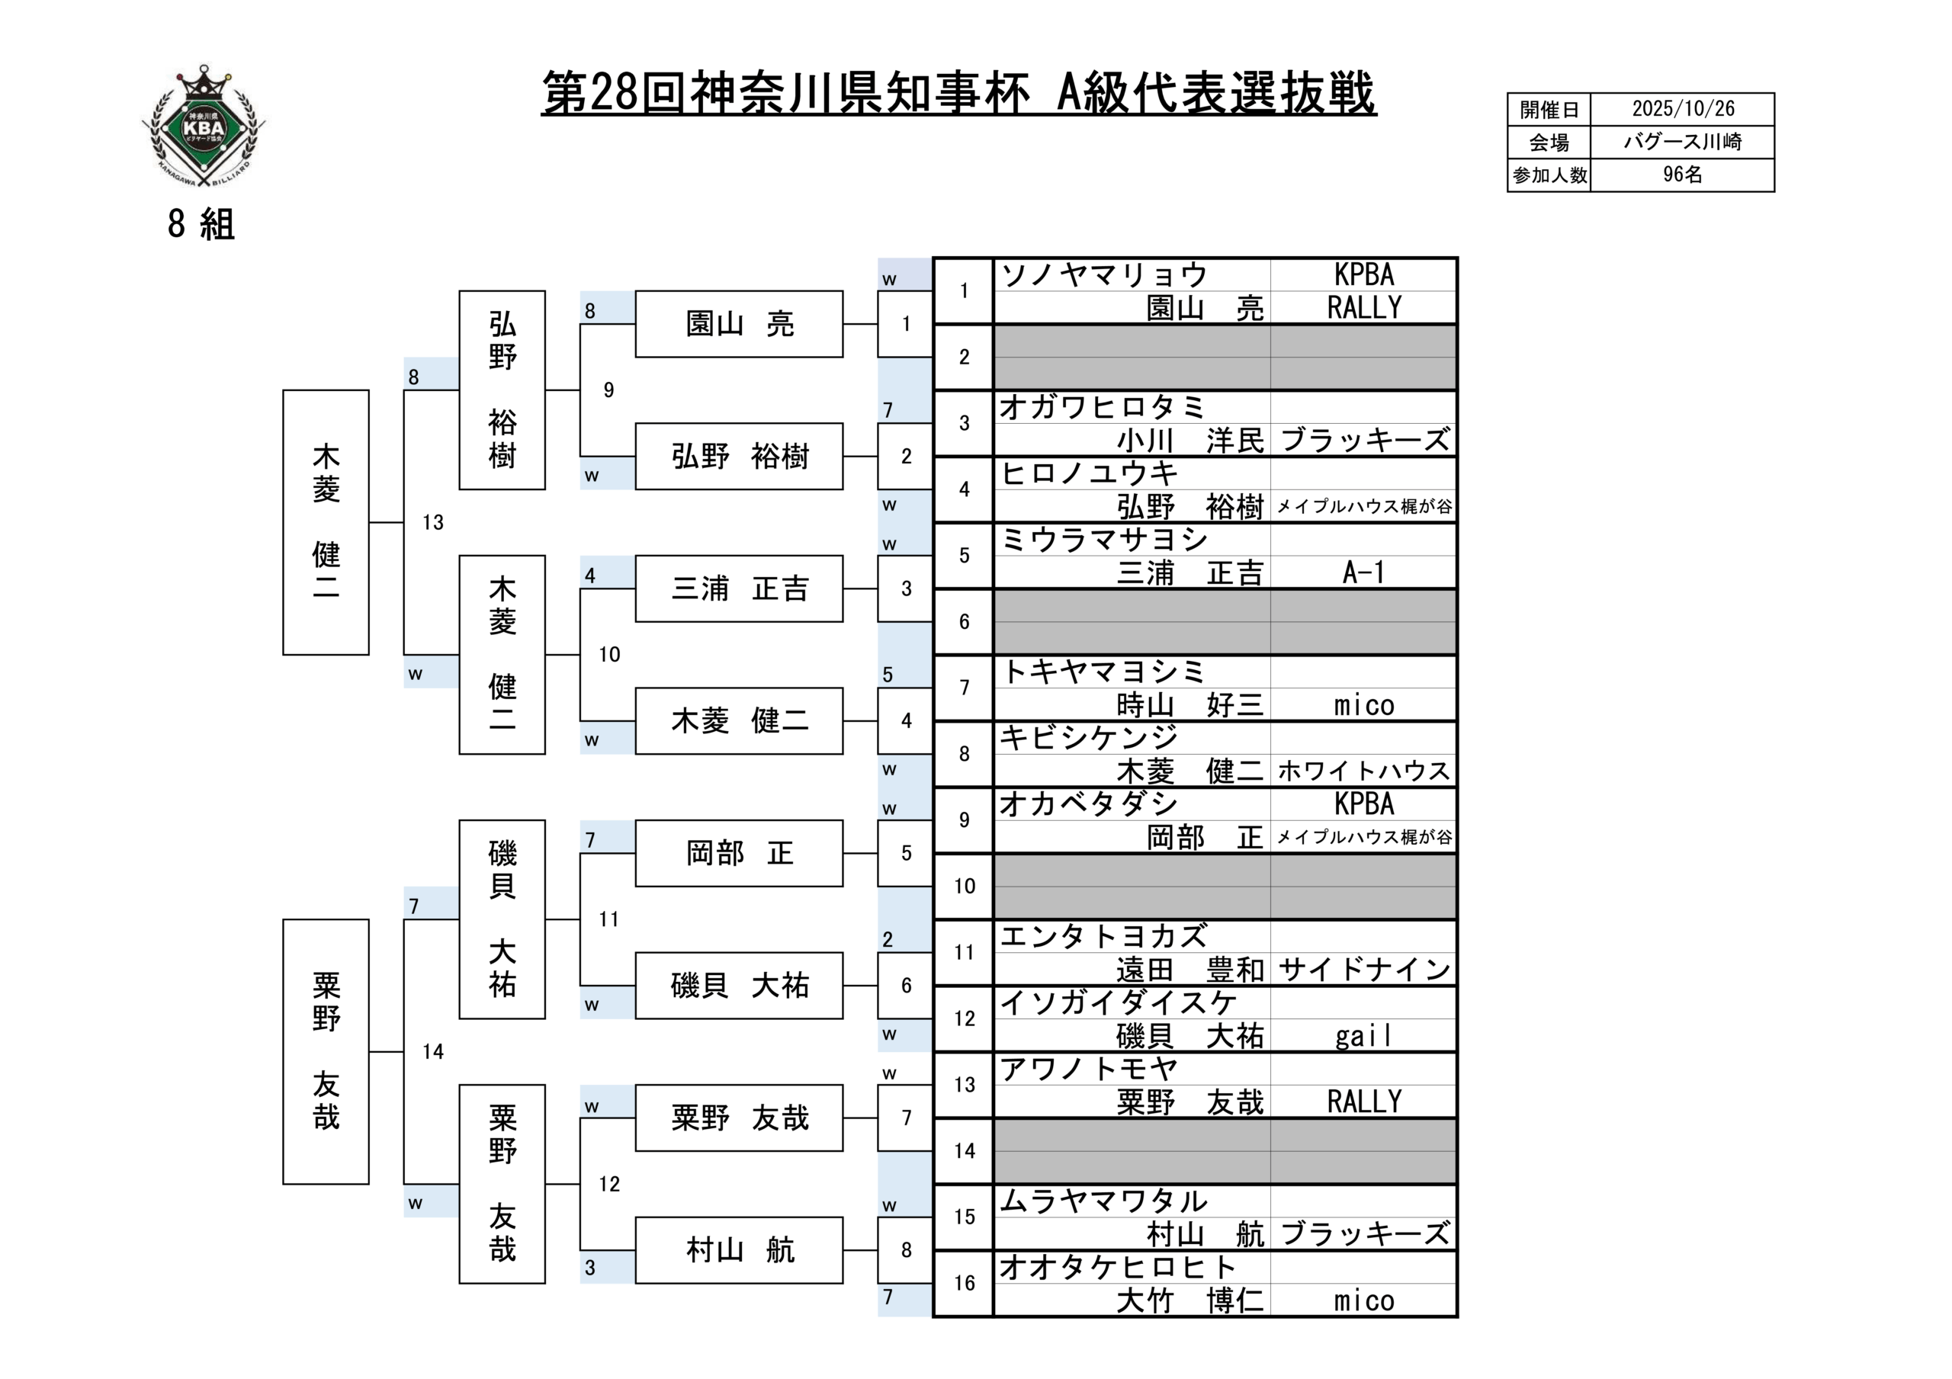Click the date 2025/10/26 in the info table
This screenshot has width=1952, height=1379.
point(1683,109)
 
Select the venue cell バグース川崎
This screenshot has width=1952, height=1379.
point(1683,142)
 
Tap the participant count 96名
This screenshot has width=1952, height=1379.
point(1683,175)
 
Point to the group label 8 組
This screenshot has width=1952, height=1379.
point(201,224)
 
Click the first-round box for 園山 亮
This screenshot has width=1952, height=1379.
point(739,324)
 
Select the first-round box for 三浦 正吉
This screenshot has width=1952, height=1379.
point(739,588)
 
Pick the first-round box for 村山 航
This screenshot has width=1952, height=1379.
point(739,1249)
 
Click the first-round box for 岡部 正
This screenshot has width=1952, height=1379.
point(739,853)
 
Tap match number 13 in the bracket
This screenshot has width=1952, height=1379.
point(433,522)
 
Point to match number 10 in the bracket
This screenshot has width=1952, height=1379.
point(608,655)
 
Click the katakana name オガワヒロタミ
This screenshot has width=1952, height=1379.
point(1102,407)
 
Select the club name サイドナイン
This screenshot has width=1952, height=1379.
point(1363,969)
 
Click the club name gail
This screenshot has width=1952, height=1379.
point(1363,1035)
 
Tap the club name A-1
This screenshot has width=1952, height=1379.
point(1363,572)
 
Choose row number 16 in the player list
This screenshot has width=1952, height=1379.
point(964,1283)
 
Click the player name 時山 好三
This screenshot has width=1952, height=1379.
point(1189,705)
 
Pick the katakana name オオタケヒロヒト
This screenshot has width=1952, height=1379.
point(1117,1268)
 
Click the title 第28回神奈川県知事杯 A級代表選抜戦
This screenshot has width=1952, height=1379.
point(958,94)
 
